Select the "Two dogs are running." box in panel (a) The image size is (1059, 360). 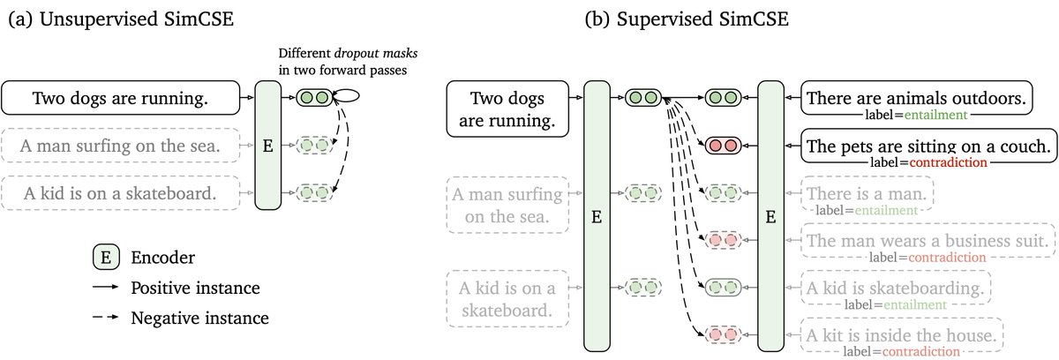pyautogui.click(x=122, y=99)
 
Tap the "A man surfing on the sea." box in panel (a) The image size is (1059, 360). pyautogui.click(x=122, y=146)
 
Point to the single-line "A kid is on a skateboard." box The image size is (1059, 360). pyautogui.click(x=122, y=192)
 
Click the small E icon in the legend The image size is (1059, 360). pyautogui.click(x=107, y=233)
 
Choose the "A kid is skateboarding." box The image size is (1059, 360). pyautogui.click(x=895, y=288)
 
